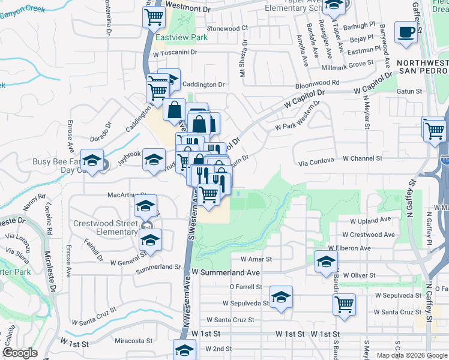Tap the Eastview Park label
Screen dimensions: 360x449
(181, 37)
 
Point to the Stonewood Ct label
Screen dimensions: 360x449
(227, 28)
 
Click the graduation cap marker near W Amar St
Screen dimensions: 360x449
(326, 262)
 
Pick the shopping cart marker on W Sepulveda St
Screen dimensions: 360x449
(344, 304)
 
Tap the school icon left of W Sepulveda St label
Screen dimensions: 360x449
(280, 297)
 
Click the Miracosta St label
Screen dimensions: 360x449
(133, 341)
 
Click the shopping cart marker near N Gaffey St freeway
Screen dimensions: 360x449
(433, 127)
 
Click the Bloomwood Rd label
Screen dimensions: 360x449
(318, 82)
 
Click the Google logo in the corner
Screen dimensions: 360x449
(20, 353)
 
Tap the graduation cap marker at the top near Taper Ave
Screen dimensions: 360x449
(333, 5)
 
